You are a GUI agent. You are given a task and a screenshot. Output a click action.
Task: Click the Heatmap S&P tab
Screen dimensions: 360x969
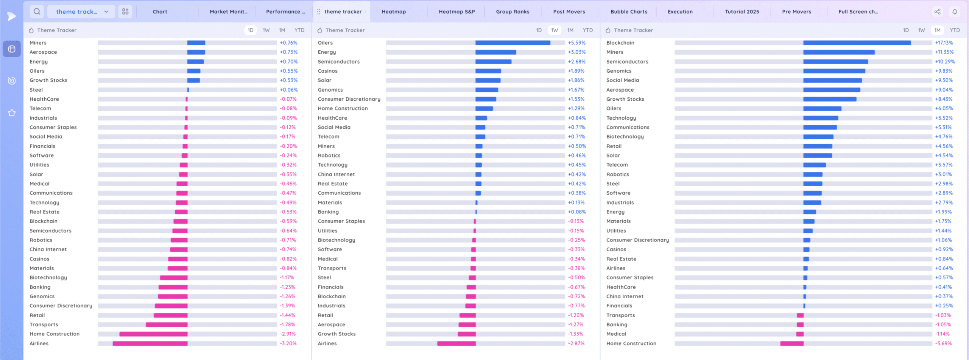(x=456, y=12)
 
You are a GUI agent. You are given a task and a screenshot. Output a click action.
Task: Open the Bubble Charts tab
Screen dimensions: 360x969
(x=629, y=12)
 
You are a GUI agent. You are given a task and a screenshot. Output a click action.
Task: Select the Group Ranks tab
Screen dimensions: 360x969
(x=513, y=12)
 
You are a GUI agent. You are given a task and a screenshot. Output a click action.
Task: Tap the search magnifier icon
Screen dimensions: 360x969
(x=37, y=12)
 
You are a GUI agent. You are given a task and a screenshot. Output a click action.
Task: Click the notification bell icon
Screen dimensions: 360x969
(x=955, y=12)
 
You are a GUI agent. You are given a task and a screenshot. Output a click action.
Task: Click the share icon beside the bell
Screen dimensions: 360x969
(x=937, y=12)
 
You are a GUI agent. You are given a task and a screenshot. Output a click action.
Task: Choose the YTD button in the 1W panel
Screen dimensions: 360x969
(x=587, y=30)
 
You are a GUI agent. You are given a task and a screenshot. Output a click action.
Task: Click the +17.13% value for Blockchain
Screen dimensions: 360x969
(x=944, y=43)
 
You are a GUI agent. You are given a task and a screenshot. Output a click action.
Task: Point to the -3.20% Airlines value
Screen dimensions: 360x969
(x=288, y=343)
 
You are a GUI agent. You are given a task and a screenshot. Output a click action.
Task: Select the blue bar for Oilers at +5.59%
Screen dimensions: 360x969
(x=513, y=43)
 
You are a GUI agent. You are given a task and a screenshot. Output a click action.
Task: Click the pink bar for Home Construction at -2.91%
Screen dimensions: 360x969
(x=153, y=334)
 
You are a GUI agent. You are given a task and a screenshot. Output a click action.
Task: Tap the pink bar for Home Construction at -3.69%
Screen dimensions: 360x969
(x=791, y=343)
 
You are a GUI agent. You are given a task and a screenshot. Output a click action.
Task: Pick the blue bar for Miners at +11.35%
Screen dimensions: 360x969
(x=839, y=52)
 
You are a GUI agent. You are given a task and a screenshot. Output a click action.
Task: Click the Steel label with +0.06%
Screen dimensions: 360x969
(x=36, y=90)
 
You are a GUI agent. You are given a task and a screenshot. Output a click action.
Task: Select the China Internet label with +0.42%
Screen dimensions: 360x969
(x=336, y=175)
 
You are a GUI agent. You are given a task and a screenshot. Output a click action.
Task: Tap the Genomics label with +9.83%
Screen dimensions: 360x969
(x=618, y=71)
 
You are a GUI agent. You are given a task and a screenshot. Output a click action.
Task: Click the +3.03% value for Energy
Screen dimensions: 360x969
(x=576, y=52)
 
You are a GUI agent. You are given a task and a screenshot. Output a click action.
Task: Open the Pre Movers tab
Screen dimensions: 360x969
(x=796, y=12)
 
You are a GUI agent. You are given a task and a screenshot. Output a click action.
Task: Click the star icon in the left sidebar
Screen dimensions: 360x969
(x=12, y=113)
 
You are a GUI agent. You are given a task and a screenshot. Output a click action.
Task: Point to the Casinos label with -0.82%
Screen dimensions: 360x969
(x=39, y=259)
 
